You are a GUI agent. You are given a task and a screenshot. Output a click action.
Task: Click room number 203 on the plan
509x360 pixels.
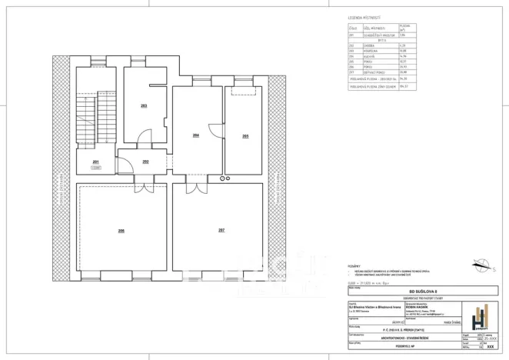(144, 105)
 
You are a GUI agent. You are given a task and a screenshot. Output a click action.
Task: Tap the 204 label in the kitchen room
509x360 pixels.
(196, 135)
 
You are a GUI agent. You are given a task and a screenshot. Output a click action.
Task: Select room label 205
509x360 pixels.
(245, 135)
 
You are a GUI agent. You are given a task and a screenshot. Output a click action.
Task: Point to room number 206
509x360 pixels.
(121, 230)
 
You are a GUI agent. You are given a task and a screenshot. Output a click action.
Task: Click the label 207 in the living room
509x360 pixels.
(221, 230)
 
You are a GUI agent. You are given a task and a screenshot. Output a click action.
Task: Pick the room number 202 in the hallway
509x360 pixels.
(145, 162)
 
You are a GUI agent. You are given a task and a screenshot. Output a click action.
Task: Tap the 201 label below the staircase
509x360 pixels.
(96, 162)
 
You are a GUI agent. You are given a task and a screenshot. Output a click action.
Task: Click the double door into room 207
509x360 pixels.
(198, 188)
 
